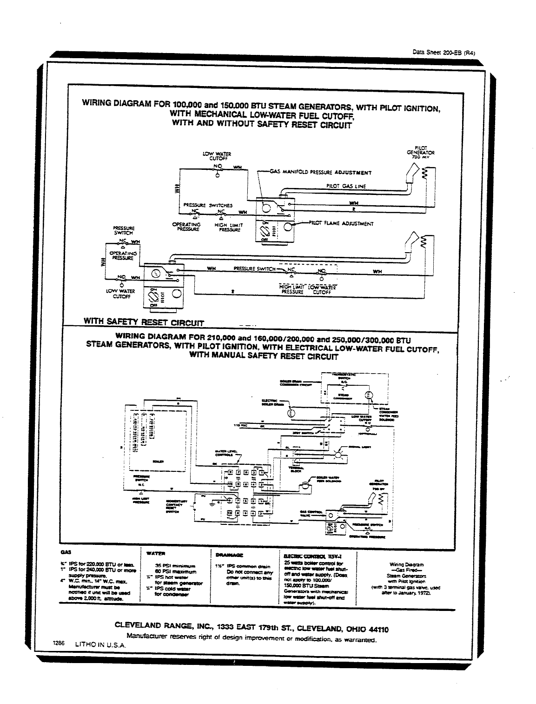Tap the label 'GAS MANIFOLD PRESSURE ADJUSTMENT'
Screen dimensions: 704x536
321,172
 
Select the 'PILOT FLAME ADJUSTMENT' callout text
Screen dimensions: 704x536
342,223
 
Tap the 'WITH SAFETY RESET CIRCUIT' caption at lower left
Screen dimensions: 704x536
144,322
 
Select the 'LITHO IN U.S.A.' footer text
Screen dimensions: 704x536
100,645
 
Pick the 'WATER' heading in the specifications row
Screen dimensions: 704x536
155,554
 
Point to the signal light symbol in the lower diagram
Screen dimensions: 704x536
338,454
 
